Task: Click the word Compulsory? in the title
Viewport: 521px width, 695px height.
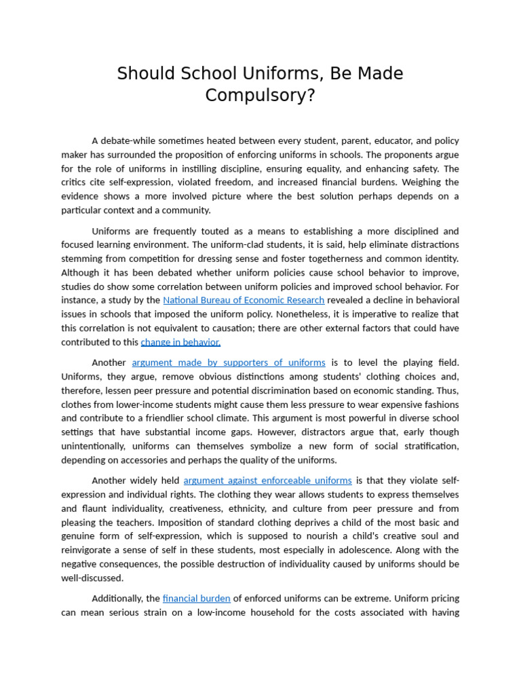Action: (260, 96)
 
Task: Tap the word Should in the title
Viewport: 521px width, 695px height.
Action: (142, 74)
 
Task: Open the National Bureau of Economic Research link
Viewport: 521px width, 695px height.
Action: (244, 300)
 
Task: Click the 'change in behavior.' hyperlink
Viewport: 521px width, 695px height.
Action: (180, 342)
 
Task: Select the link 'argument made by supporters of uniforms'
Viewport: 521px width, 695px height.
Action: (229, 362)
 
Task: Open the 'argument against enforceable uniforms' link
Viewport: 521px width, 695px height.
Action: (267, 481)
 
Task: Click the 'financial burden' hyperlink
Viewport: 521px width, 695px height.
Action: (197, 598)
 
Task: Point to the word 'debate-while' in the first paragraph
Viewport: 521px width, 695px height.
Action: (129, 140)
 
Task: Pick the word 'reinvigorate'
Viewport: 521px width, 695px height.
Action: (88, 550)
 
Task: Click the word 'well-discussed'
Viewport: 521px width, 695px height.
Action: (92, 578)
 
